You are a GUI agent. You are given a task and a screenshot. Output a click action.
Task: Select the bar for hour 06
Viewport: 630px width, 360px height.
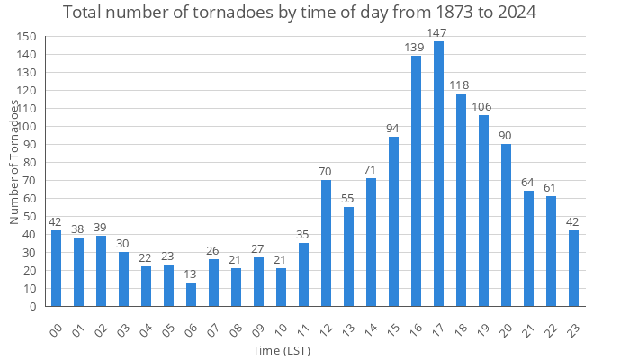point(191,294)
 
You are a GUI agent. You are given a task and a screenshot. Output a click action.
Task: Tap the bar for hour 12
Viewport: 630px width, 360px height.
point(326,243)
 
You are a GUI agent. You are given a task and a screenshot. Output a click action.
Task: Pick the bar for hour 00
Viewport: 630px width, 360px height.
point(56,268)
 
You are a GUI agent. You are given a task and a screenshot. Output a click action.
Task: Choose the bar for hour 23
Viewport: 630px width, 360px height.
point(573,268)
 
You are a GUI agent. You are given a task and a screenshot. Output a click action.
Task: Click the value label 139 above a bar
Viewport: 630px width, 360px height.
point(416,47)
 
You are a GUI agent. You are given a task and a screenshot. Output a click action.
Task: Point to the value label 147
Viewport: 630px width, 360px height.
point(438,33)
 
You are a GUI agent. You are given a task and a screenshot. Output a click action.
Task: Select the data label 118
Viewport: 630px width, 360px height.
point(461,85)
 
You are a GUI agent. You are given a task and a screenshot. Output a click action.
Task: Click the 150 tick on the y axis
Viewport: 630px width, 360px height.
point(27,36)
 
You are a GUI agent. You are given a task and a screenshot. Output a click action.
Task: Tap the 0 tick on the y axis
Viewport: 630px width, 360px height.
point(33,306)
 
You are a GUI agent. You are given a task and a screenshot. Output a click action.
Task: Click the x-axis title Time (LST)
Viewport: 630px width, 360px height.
point(281,349)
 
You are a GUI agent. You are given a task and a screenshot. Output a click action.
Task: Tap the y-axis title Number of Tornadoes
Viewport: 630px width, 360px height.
point(14,162)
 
